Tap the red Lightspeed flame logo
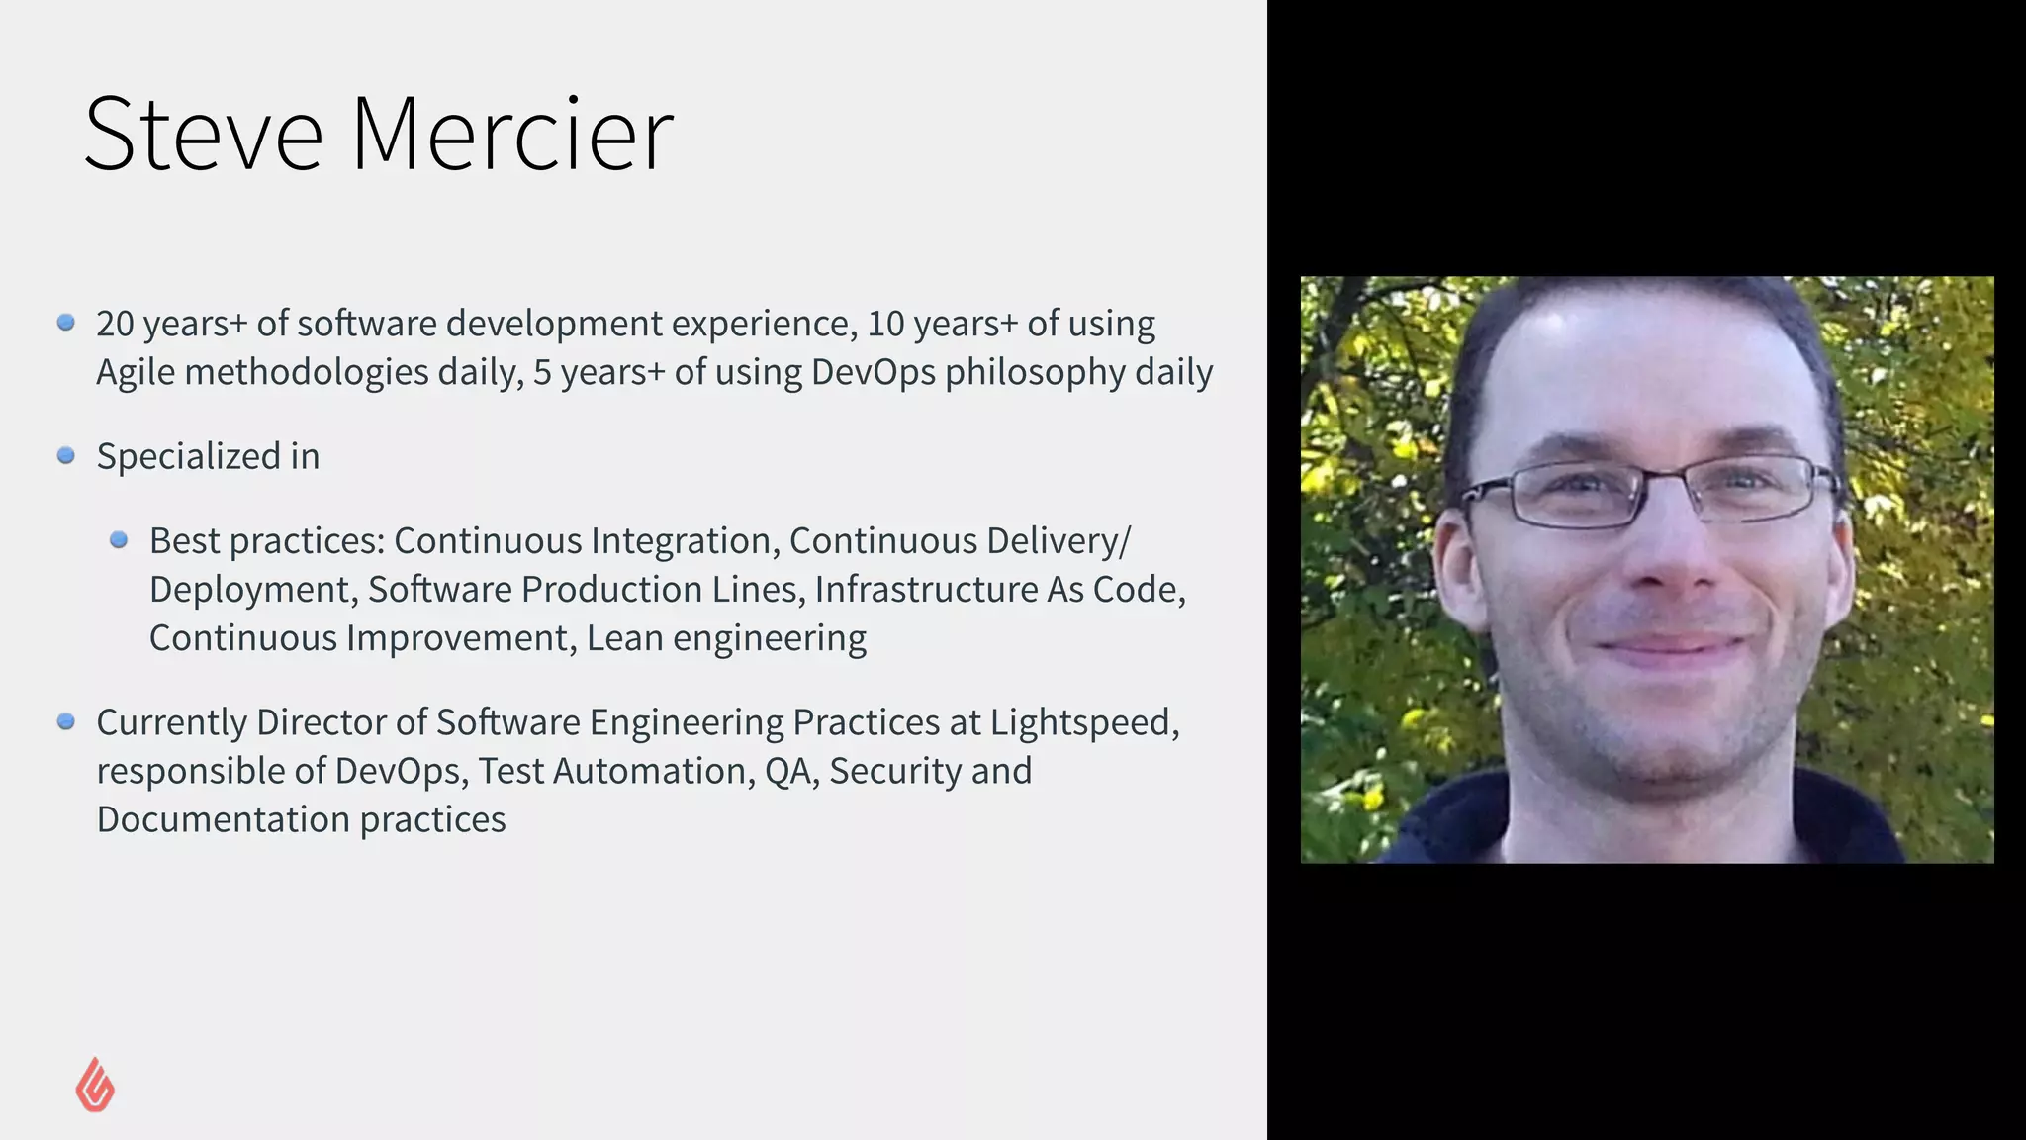(95, 1085)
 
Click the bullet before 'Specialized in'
(66, 455)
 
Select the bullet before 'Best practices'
(119, 540)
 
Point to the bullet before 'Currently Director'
(66, 721)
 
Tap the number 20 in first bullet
(115, 324)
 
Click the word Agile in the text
(136, 373)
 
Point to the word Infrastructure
(925, 590)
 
